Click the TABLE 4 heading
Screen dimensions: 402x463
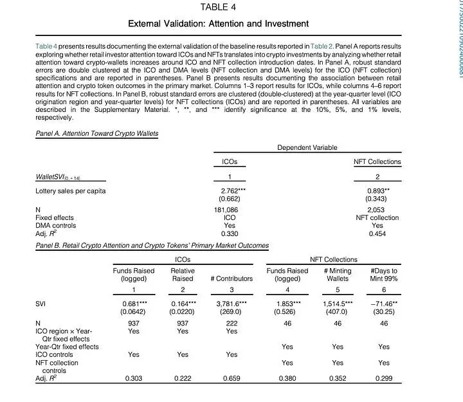219,7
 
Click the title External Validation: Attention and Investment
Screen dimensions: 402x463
219,24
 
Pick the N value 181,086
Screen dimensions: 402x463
226,210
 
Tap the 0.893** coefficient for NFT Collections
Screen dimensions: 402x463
377,191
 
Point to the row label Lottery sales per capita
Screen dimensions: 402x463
71,191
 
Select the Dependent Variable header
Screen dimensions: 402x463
307,148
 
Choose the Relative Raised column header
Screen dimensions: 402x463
183,275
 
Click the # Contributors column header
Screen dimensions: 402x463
231,279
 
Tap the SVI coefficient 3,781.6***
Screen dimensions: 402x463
231,304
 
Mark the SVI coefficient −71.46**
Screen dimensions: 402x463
384,304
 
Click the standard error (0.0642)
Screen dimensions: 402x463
134,312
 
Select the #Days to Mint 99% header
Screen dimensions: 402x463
384,275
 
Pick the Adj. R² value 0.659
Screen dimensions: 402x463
231,379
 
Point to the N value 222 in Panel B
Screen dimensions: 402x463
231,324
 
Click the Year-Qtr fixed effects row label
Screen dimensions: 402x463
67,347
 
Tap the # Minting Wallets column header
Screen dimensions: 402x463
338,275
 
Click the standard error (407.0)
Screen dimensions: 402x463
338,312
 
